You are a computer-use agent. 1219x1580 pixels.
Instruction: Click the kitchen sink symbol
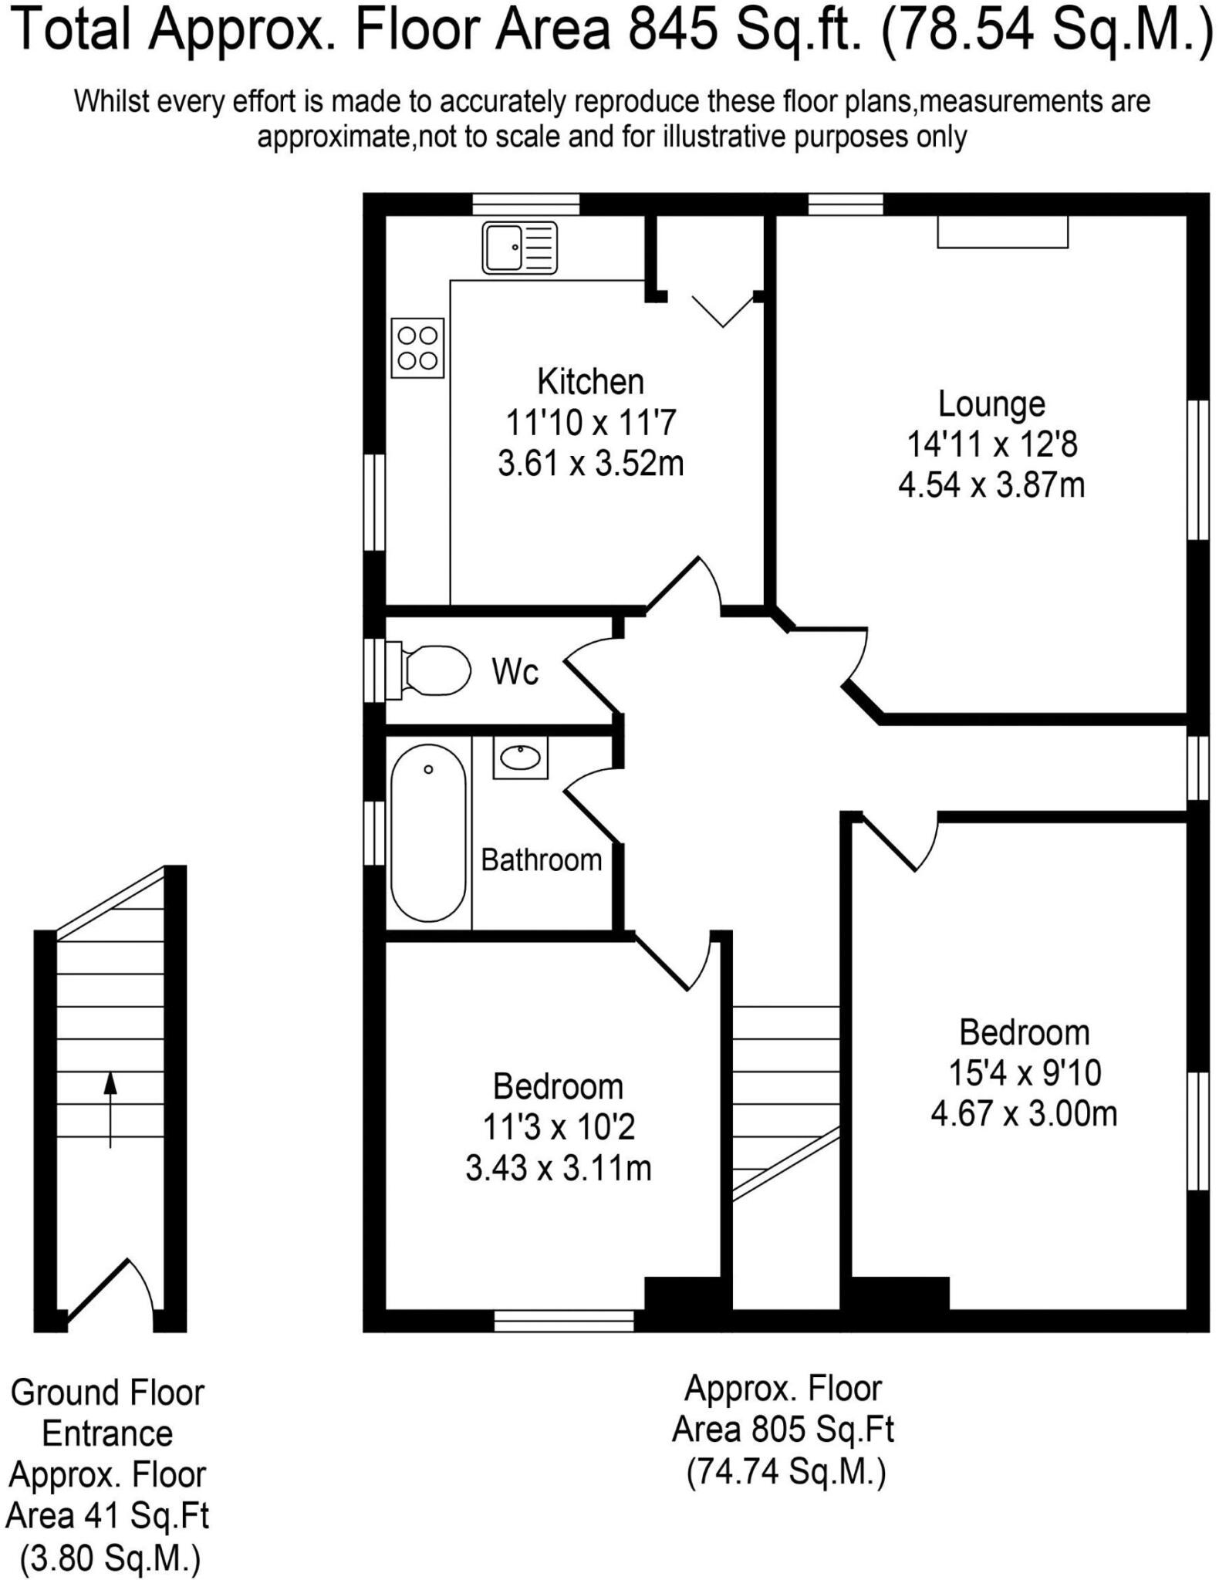pos(519,248)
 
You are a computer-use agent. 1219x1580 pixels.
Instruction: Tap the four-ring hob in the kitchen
pos(417,348)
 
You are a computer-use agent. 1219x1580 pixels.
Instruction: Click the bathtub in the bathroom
pos(428,832)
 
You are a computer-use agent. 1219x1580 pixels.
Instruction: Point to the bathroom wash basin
pos(521,758)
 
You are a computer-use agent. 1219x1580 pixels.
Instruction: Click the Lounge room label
pos(991,404)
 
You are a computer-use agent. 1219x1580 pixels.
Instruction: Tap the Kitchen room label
pos(590,382)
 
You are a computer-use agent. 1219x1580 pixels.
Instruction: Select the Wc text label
pos(515,673)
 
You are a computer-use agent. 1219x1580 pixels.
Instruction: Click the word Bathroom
pos(541,859)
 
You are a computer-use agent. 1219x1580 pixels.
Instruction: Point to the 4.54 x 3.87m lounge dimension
pos(991,485)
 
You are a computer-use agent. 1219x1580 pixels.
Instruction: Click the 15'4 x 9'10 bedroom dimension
pos(1024,1072)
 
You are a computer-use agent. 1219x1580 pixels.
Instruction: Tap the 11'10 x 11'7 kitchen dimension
pos(590,423)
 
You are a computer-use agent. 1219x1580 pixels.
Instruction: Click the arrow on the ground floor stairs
pos(110,1108)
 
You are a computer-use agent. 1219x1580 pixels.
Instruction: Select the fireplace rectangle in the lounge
pos(1002,232)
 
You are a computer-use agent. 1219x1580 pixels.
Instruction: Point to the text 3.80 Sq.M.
pos(110,1559)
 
